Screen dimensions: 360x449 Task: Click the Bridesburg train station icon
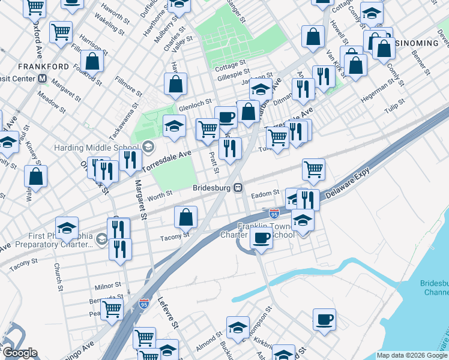pyautogui.click(x=238, y=188)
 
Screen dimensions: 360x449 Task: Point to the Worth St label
pyautogui.click(x=160, y=193)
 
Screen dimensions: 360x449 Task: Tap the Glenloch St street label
pyautogui.click(x=196, y=108)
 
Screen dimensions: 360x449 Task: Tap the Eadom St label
pyautogui.click(x=265, y=193)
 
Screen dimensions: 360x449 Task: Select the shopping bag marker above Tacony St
pyautogui.click(x=186, y=217)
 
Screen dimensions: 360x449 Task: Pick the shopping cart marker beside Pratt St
pyautogui.click(x=208, y=128)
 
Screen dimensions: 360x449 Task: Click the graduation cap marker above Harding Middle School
pyautogui.click(x=174, y=126)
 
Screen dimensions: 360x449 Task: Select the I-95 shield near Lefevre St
pyautogui.click(x=143, y=305)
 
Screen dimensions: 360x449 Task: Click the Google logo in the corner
pyautogui.click(x=20, y=353)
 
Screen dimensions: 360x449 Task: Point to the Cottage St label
pyautogui.click(x=231, y=63)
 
